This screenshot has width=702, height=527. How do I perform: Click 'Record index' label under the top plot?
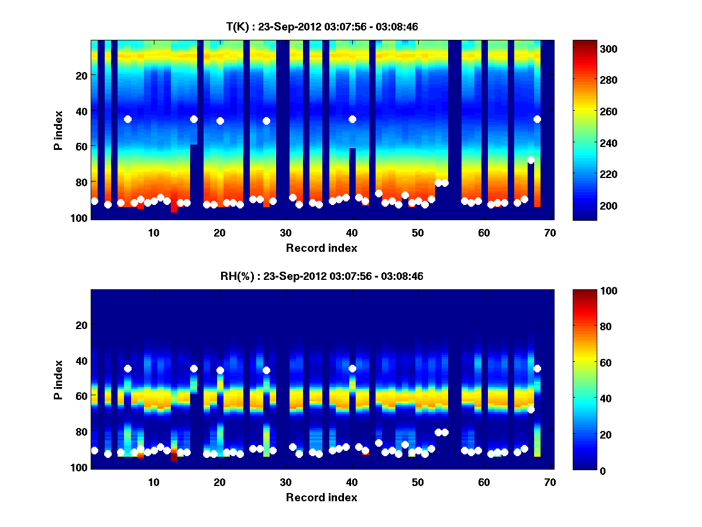click(321, 248)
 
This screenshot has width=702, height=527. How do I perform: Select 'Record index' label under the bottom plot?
click(321, 497)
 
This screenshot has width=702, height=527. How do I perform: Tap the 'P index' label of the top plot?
click(58, 130)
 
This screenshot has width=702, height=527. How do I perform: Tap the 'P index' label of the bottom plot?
click(58, 379)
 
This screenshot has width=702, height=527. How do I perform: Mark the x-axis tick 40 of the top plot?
click(352, 232)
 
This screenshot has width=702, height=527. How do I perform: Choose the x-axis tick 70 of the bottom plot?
click(549, 481)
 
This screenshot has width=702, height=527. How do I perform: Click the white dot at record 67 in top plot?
click(531, 160)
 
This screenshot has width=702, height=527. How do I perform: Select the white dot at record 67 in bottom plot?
click(531, 409)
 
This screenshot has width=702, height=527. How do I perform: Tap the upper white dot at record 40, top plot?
click(352, 119)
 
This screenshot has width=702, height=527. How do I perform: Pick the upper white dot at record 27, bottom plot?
click(266, 370)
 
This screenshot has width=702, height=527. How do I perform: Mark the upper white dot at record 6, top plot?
click(128, 119)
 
